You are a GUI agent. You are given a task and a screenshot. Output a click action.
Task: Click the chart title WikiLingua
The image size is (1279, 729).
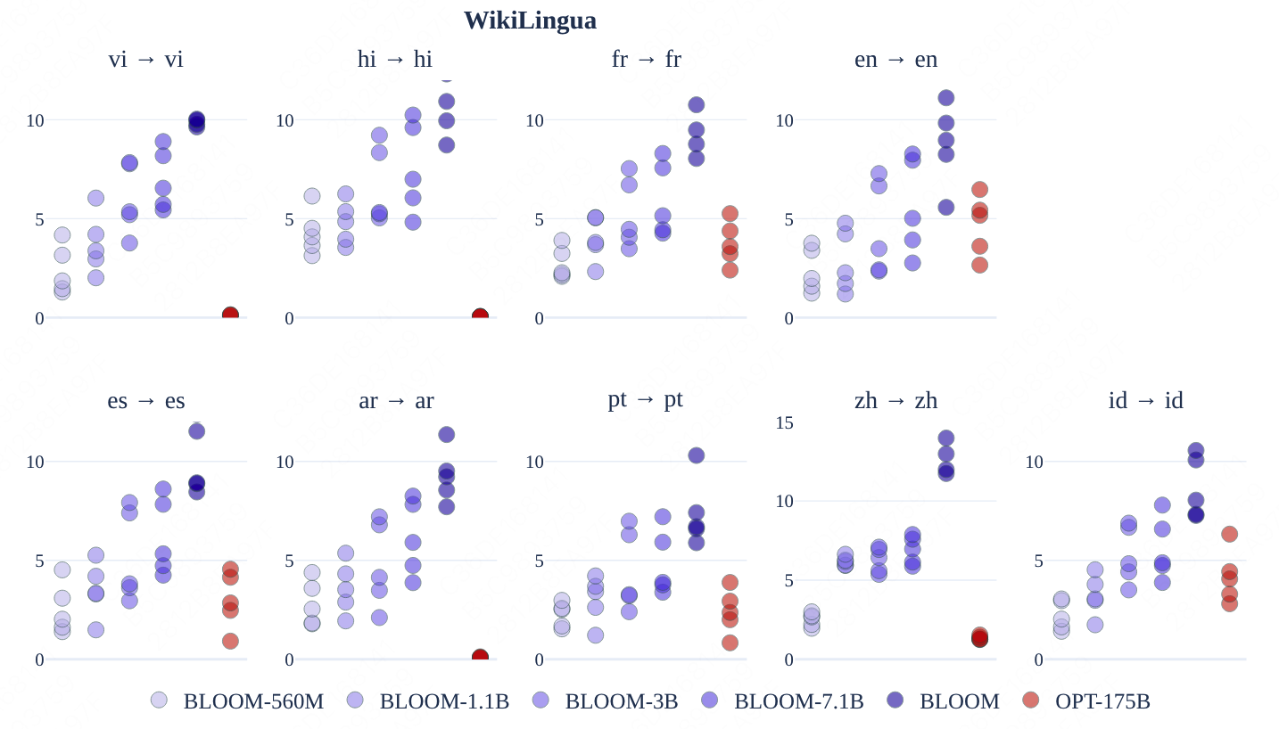pos(530,20)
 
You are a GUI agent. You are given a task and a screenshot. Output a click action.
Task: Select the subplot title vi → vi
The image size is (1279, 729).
pos(146,60)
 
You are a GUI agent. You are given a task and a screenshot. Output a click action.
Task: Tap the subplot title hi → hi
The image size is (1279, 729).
pos(395,60)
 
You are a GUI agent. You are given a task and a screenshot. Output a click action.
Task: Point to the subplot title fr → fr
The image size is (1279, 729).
pos(646,60)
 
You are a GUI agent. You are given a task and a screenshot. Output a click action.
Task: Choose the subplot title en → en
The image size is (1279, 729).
pos(895,60)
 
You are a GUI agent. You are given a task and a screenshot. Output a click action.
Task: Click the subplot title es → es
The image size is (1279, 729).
pos(146,401)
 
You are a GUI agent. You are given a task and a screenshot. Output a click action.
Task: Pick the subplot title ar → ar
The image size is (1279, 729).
pos(396,401)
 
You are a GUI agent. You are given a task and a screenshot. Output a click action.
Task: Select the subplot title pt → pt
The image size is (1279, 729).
pos(646,399)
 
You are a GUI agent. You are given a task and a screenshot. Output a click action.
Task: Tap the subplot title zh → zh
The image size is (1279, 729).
pos(895,401)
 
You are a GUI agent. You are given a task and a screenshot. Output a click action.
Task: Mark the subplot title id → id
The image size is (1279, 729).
pos(1145,401)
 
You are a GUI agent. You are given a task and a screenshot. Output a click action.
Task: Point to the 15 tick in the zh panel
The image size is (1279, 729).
pos(784,422)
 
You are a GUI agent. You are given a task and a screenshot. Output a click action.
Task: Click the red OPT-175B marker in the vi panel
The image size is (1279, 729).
pos(230,315)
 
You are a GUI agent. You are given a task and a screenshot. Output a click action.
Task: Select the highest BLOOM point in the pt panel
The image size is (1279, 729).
pos(696,455)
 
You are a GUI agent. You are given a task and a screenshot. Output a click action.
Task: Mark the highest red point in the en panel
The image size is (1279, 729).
pos(979,190)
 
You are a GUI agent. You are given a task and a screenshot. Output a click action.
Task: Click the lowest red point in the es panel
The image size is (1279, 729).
pos(230,642)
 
